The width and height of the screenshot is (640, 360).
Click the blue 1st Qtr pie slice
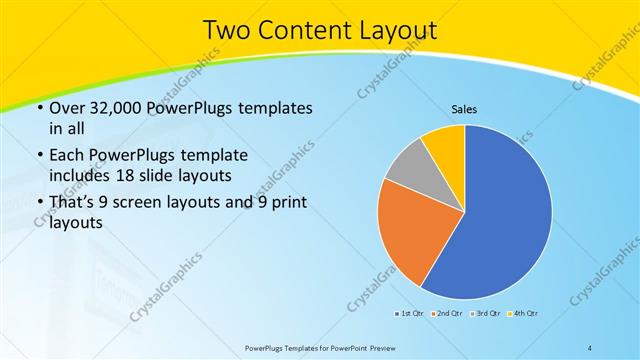coord(505,215)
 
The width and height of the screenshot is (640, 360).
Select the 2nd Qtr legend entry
coord(446,314)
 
